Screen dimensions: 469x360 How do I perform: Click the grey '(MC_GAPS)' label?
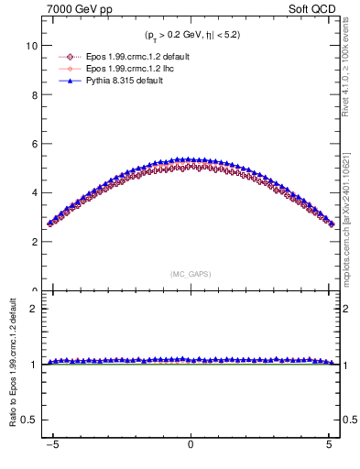pyautogui.click(x=190, y=274)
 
